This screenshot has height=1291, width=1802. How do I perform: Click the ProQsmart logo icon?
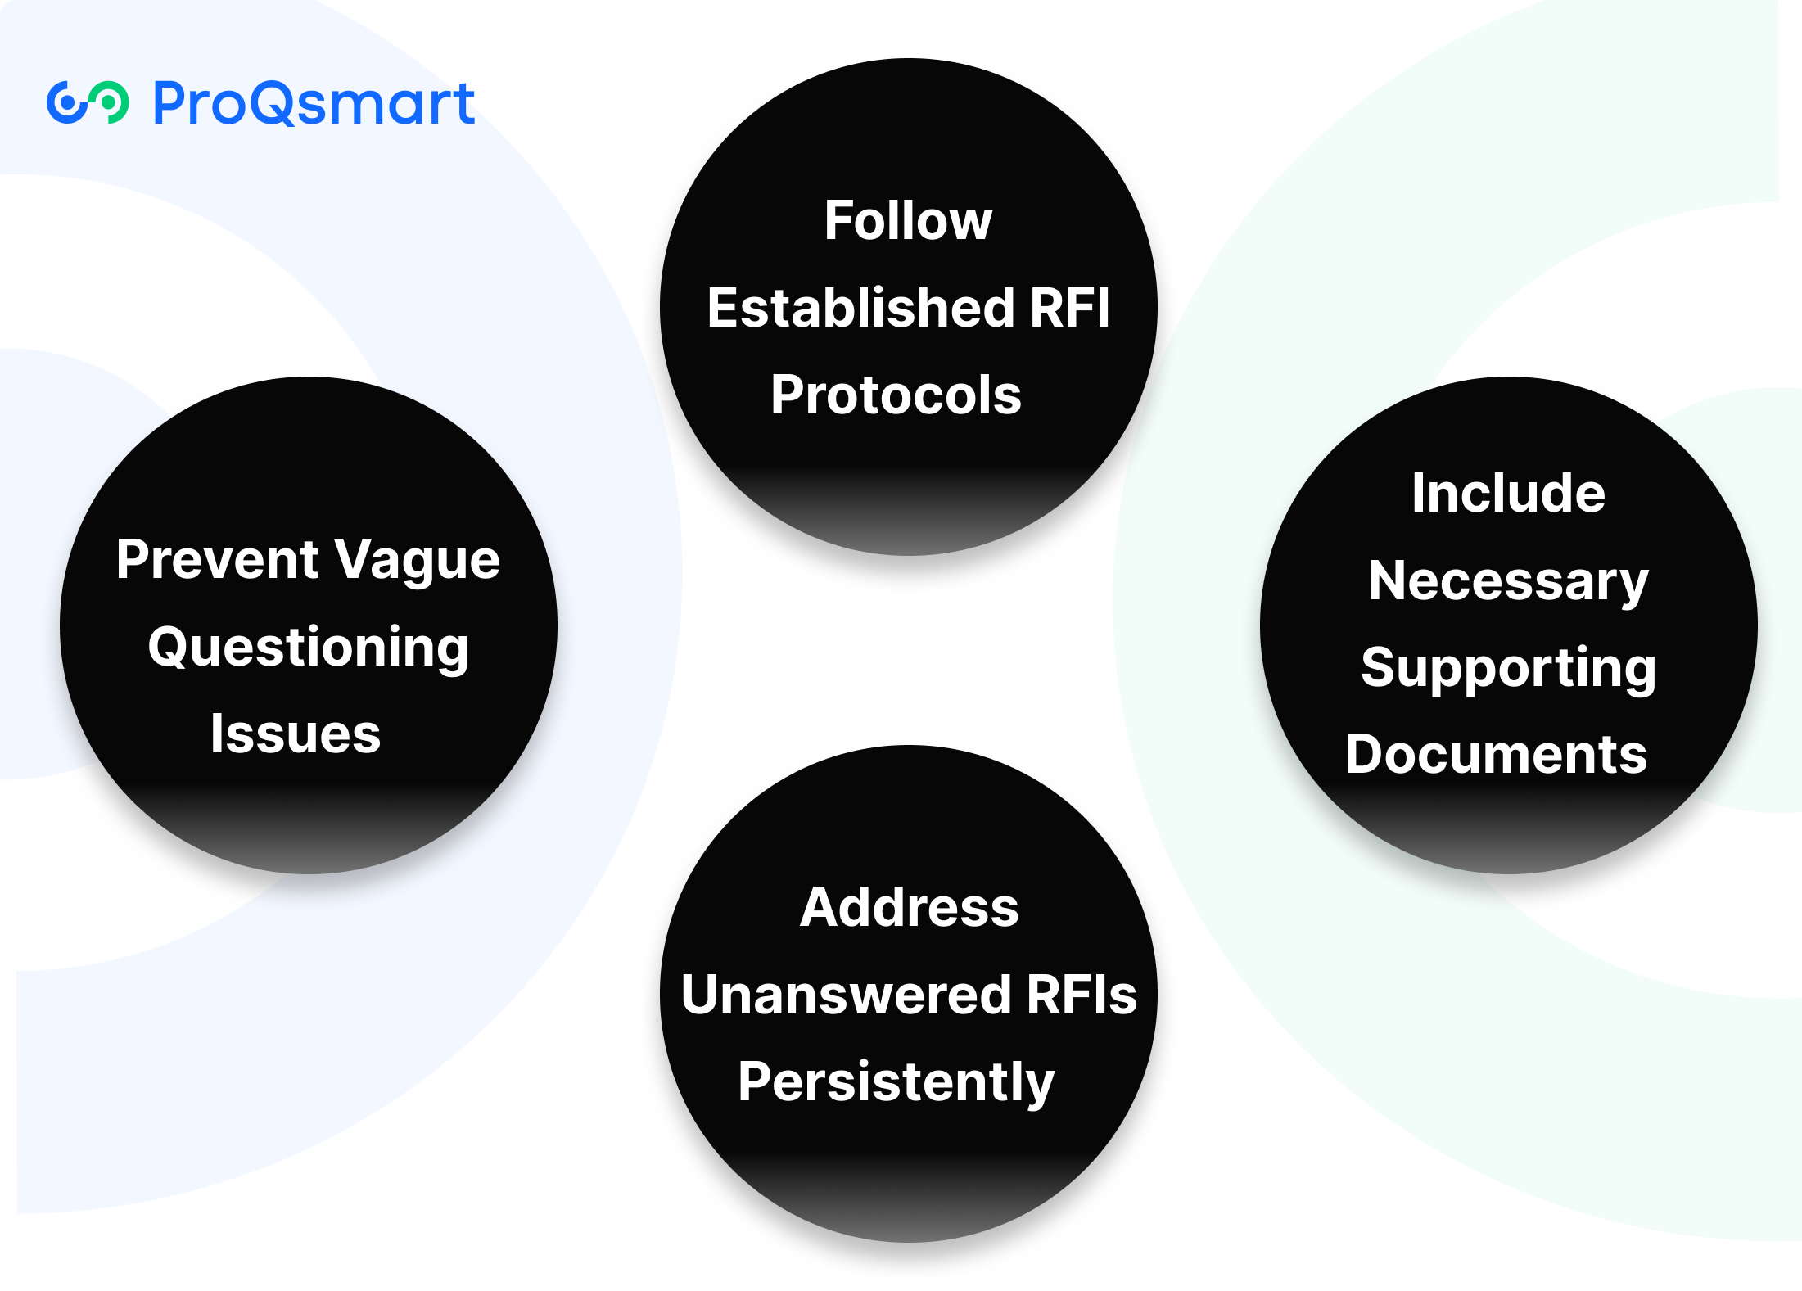(88, 103)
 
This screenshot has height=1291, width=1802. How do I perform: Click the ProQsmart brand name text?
(314, 105)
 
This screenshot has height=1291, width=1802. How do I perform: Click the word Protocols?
(896, 395)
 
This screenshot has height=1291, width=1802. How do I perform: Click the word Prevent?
(217, 560)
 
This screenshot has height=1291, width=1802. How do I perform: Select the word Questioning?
(308, 648)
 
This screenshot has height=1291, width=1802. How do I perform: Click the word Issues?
(296, 734)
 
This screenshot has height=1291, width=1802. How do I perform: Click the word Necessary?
(1508, 581)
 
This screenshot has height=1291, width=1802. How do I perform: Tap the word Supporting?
(1508, 668)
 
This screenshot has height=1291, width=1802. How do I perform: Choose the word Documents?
(1496, 754)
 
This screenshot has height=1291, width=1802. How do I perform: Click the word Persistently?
(896, 1082)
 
